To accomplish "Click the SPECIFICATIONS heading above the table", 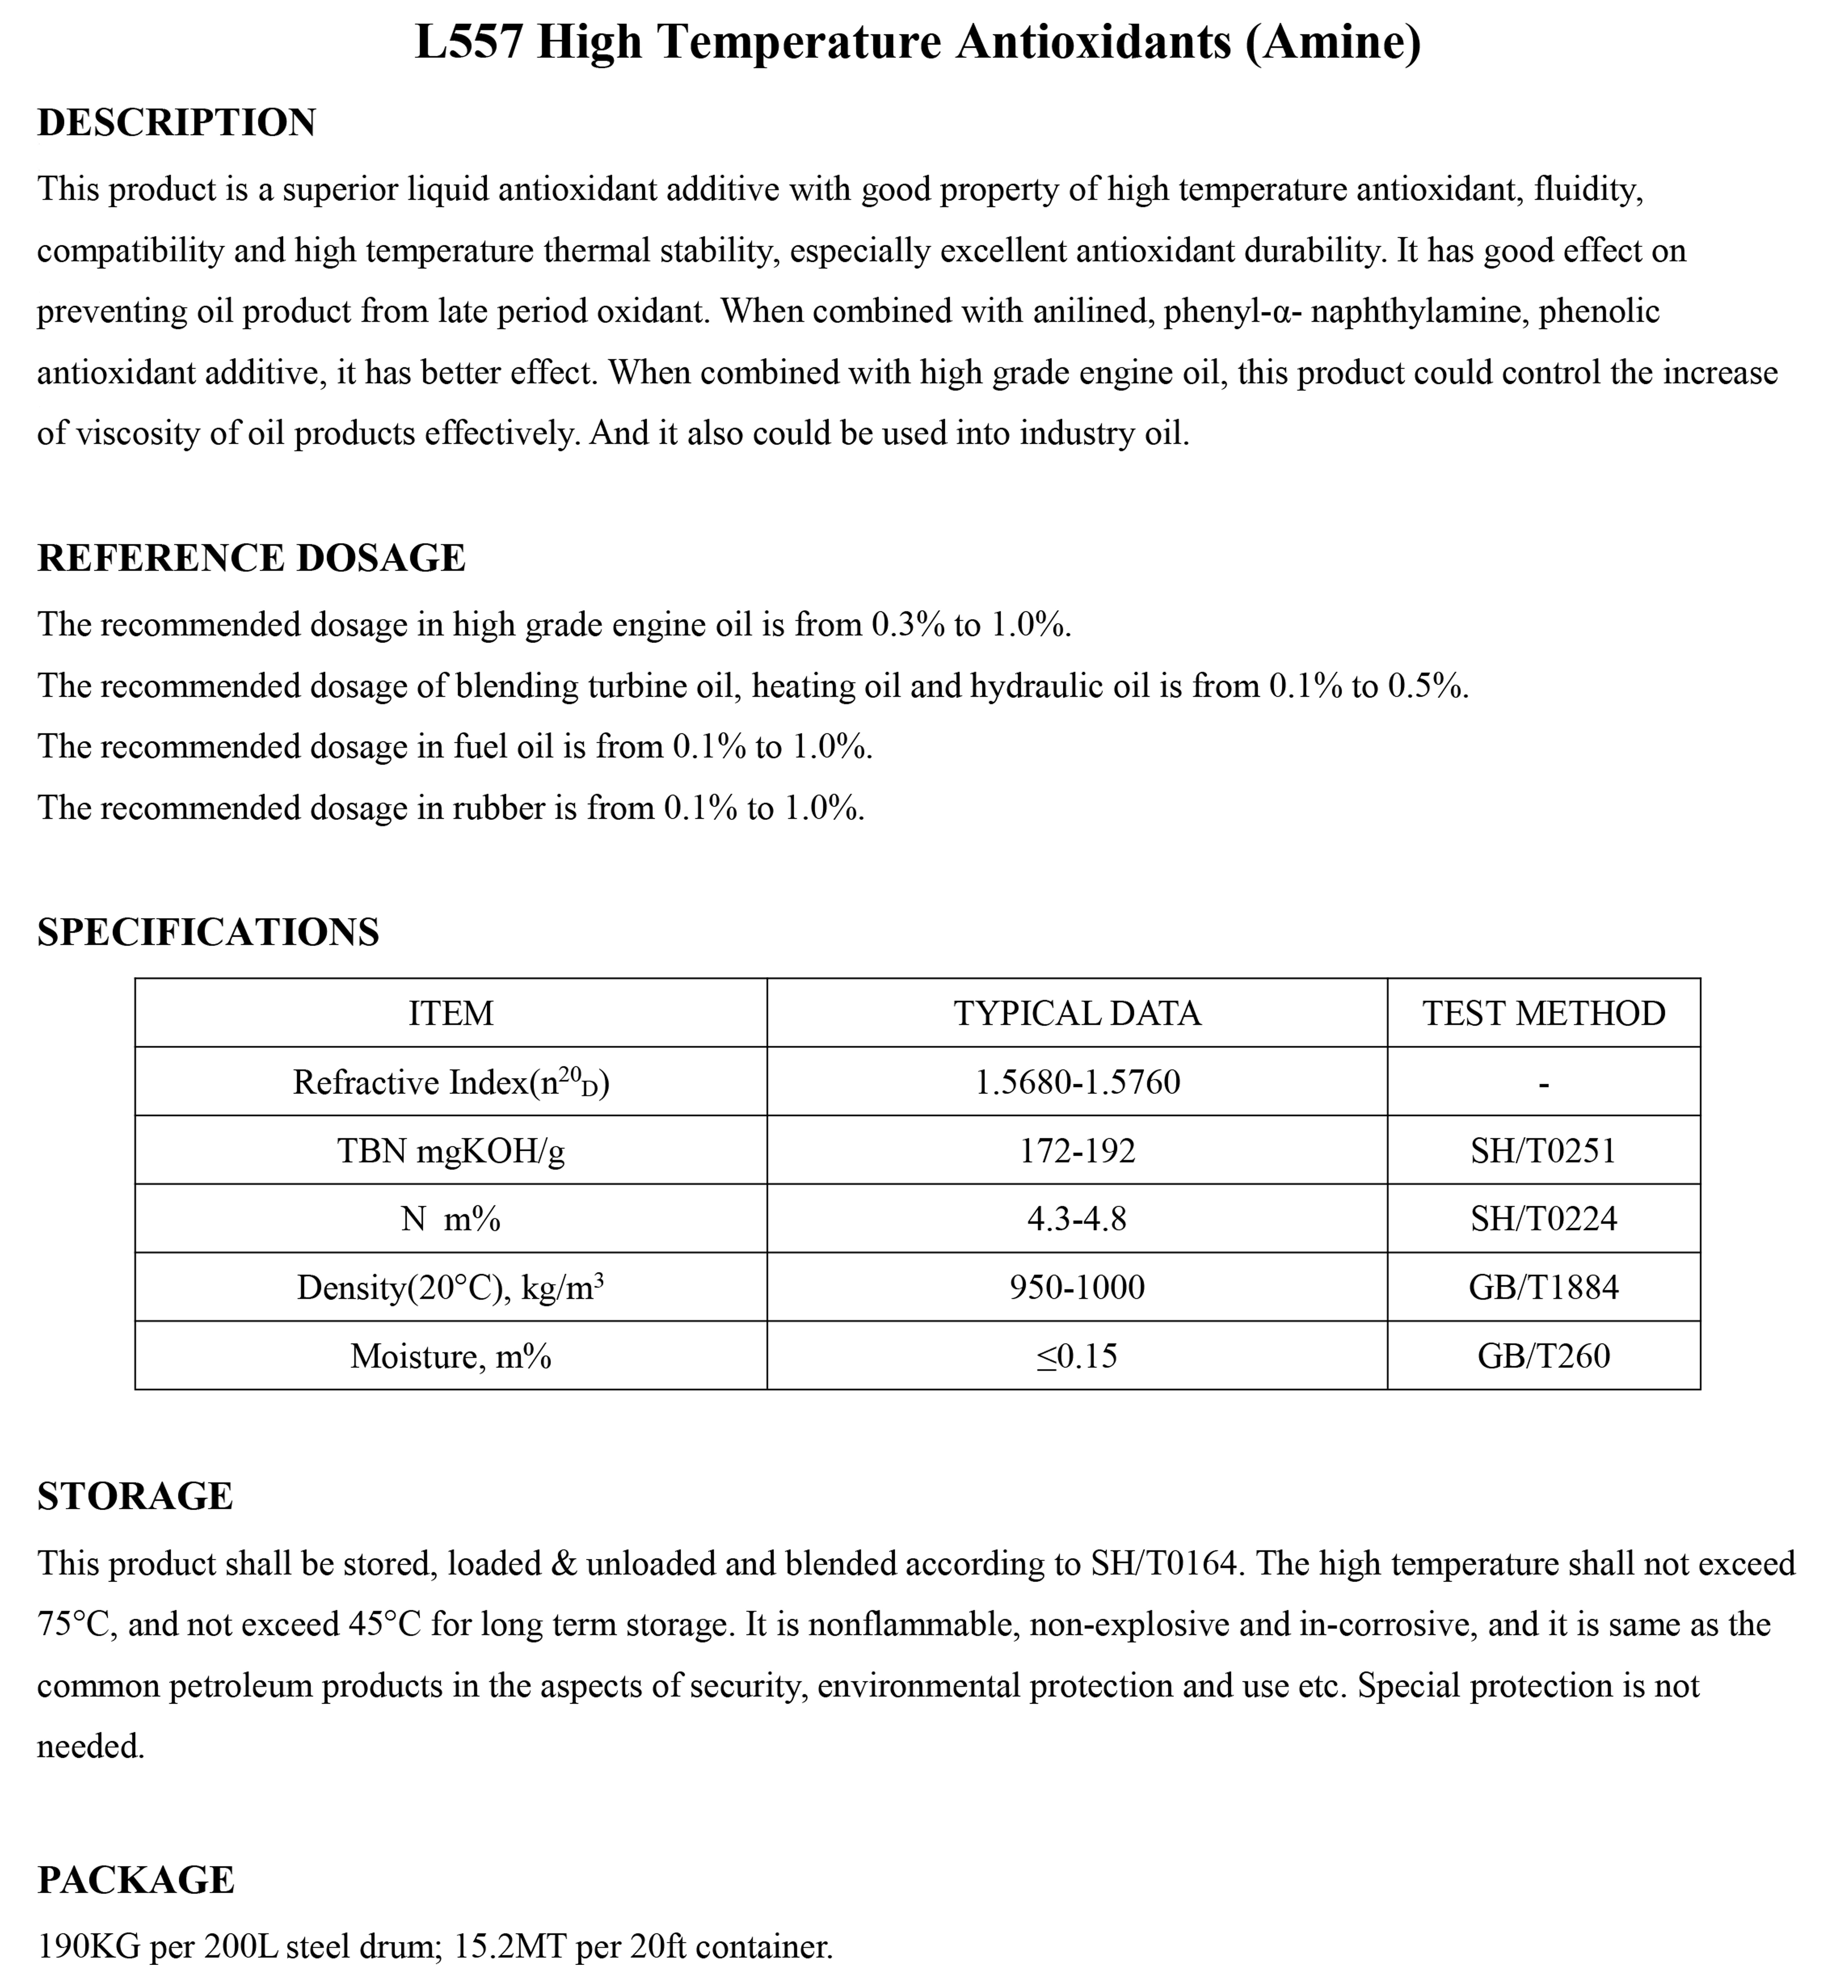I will click(208, 932).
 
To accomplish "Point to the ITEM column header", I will click(451, 1014).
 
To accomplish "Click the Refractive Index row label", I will click(451, 1082).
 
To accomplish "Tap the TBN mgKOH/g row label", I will click(451, 1151).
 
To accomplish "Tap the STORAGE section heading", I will click(135, 1497).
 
